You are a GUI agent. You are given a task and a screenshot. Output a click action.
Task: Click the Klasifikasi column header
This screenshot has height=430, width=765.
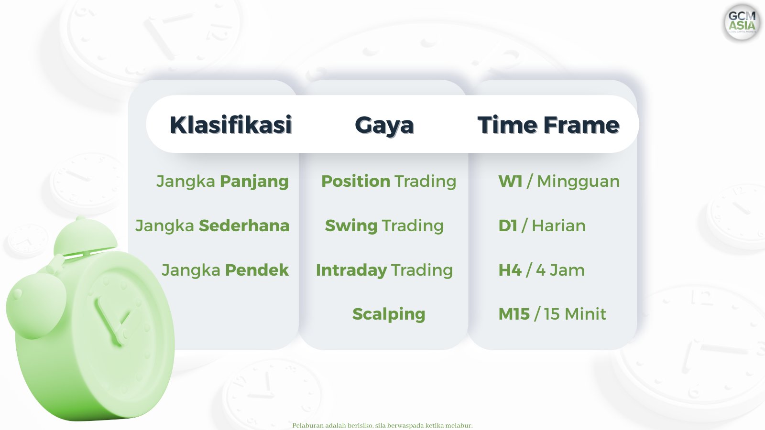click(x=231, y=125)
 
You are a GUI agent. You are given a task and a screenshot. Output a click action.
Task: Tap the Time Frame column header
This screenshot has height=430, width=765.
click(x=548, y=125)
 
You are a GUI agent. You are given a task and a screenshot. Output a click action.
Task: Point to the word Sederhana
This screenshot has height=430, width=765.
click(x=244, y=226)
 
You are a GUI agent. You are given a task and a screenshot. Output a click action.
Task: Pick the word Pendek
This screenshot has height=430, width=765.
click(x=257, y=270)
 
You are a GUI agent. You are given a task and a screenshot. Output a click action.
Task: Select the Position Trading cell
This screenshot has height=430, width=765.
click(x=389, y=182)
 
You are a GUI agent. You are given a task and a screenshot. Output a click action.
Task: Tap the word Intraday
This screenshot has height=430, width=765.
click(x=351, y=270)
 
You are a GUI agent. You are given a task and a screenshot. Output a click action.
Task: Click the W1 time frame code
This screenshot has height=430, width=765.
click(x=510, y=181)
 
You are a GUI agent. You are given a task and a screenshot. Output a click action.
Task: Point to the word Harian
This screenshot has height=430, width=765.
click(x=559, y=226)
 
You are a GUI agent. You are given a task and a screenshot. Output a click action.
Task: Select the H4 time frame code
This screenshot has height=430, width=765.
click(x=510, y=270)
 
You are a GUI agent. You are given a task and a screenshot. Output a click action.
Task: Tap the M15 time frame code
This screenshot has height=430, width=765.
click(x=514, y=314)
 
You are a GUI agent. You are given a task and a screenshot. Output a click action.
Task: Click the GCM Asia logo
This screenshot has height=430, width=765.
click(x=742, y=22)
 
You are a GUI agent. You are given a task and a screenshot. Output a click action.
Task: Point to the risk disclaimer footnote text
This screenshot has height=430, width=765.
click(x=382, y=426)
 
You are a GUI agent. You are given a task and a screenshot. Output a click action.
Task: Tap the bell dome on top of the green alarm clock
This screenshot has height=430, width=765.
click(x=86, y=236)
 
